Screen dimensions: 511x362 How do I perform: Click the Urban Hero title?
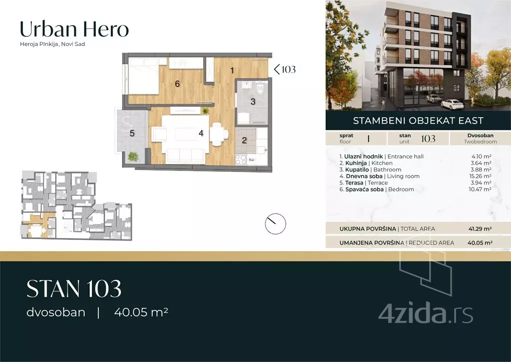pos(74,29)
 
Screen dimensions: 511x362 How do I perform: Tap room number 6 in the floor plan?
pos(177,84)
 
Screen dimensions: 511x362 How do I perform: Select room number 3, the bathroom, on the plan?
pos(253,102)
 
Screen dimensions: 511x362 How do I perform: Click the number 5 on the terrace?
pos(132,133)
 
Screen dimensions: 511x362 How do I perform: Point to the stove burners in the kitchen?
pos(241,159)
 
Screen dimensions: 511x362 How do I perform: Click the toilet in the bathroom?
pos(260,89)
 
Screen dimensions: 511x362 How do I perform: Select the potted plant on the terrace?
pos(133,157)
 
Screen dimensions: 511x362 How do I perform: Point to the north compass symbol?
pos(275,223)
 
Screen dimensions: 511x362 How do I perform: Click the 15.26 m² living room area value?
pos(481,176)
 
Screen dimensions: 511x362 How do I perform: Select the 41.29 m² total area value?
pos(480,229)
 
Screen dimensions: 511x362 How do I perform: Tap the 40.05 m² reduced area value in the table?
pos(480,242)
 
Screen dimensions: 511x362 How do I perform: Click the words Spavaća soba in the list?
pos(364,189)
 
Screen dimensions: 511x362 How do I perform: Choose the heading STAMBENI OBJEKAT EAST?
pos(418,120)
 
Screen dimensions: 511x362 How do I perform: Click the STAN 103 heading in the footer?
pos(74,289)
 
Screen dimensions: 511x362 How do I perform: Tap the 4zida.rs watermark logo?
pos(426,313)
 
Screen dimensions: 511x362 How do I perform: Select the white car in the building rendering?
pos(452,103)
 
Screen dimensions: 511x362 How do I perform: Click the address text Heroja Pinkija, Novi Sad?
pos(52,44)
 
